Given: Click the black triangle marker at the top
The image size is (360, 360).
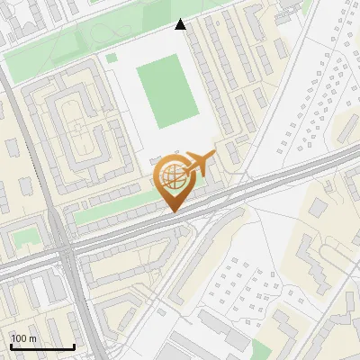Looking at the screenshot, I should pyautogui.click(x=181, y=24).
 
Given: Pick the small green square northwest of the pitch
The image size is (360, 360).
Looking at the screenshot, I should pyautogui.click(x=112, y=58).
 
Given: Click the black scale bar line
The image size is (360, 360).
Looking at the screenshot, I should pyautogui.click(x=41, y=347).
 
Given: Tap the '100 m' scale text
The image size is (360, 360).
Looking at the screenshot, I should pyautogui.click(x=24, y=338).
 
